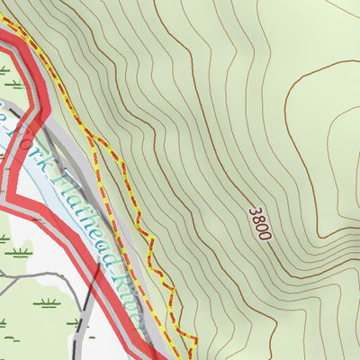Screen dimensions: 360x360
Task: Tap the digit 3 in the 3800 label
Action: pos(255,211)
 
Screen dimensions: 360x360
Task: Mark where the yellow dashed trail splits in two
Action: pos(90,139)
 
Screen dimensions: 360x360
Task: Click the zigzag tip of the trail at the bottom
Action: pos(193,338)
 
